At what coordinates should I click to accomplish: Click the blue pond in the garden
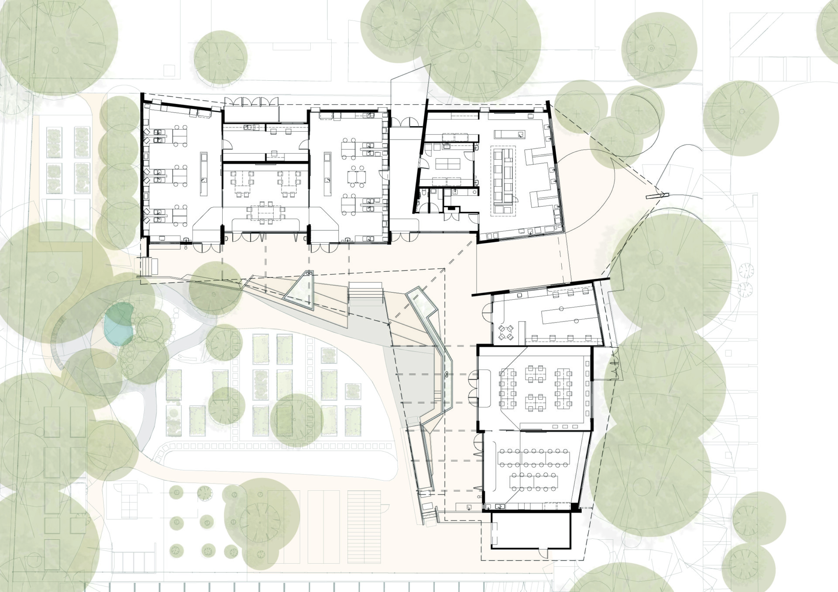pyautogui.click(x=117, y=324)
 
